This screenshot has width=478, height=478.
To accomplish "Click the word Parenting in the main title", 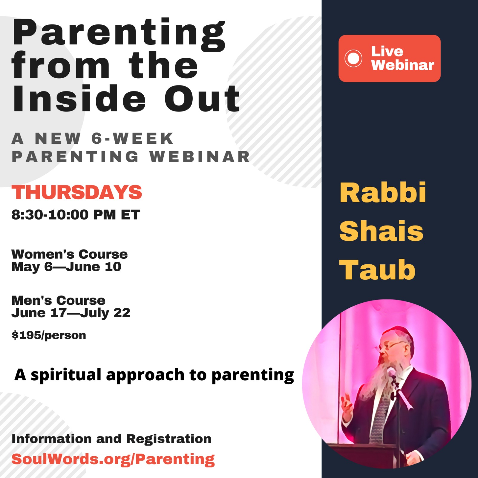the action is [x=119, y=35].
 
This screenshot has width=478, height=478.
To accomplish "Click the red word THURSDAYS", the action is [x=77, y=192].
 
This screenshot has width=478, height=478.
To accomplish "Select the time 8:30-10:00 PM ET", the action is [x=76, y=215].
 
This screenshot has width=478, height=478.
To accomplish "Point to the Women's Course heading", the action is [x=69, y=254].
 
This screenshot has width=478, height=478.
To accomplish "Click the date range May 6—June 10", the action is [x=66, y=267].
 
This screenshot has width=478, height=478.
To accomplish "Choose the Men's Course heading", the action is [x=58, y=300].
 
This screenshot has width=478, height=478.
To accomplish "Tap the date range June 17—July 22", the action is [x=71, y=313].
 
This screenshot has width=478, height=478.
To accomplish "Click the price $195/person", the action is [x=49, y=335].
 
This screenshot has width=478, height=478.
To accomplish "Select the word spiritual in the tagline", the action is [x=66, y=375].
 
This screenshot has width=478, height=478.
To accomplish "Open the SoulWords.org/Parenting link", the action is [x=113, y=459].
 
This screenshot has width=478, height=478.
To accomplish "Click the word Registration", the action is [x=169, y=439].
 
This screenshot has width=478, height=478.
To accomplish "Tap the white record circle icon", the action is [x=353, y=58].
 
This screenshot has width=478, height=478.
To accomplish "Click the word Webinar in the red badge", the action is [x=403, y=65].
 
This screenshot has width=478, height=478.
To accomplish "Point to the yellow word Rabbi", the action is [x=383, y=193].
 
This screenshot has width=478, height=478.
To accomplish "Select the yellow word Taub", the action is [x=377, y=270].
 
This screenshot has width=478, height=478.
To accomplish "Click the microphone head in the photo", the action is [x=391, y=373].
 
